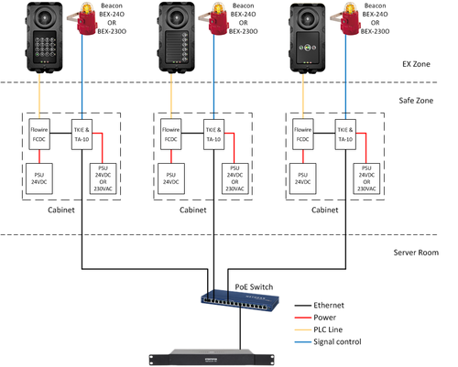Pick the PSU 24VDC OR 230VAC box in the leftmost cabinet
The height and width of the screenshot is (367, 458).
[x=101, y=178]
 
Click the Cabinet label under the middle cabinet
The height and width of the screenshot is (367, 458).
[x=195, y=210]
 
